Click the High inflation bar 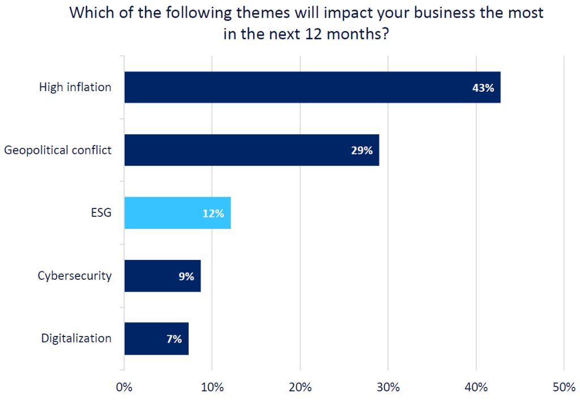(x=312, y=87)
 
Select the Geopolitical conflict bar (x=251, y=150)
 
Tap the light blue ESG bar (x=177, y=214)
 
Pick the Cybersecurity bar (x=162, y=276)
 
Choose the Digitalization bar (x=156, y=339)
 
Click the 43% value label (x=483, y=88)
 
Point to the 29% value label (x=361, y=151)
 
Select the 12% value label (x=213, y=214)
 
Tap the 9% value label (x=186, y=276)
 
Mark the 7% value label (x=174, y=339)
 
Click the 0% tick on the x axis (x=124, y=388)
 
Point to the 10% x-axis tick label (x=212, y=388)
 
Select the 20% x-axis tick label (x=300, y=388)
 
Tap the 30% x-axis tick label (x=388, y=388)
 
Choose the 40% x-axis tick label (x=476, y=388)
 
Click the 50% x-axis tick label (x=564, y=388)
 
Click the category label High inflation (x=75, y=87)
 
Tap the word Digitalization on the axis (x=76, y=339)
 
